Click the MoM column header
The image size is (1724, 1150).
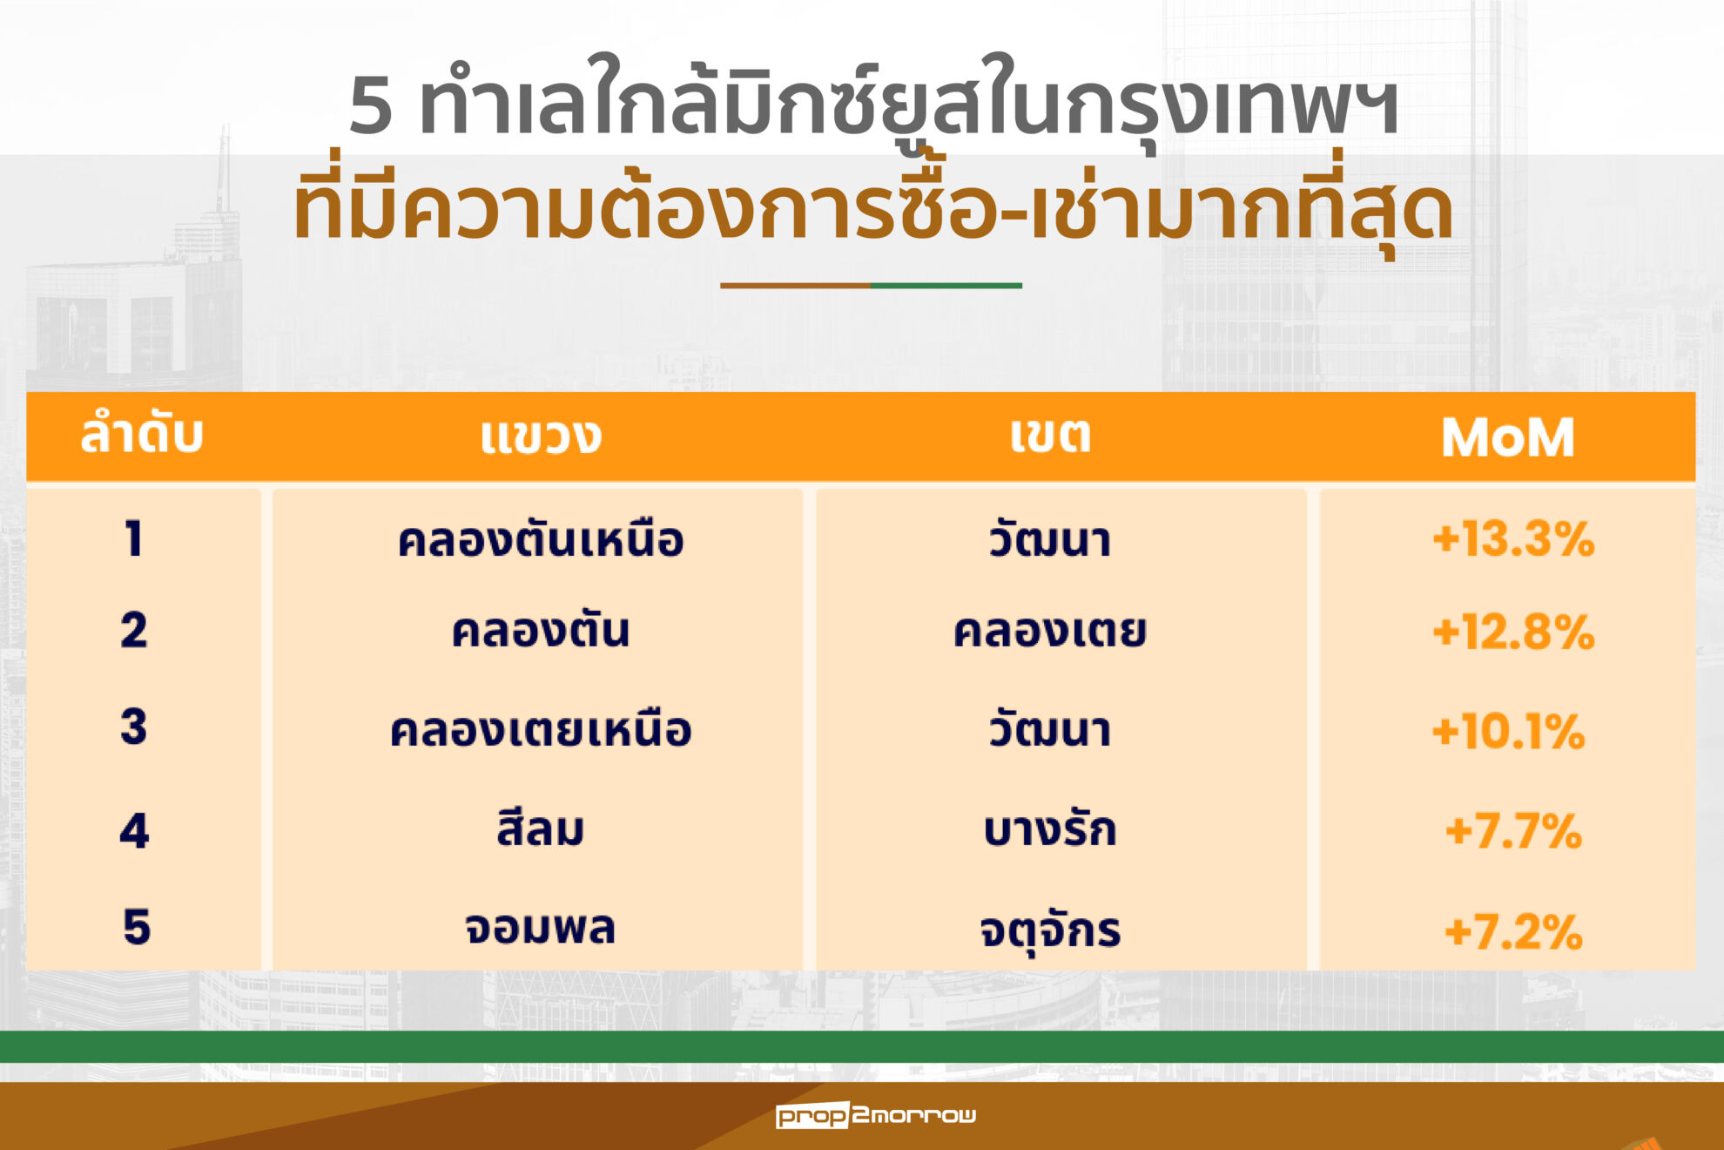click(x=1507, y=437)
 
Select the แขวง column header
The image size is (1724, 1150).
click(x=540, y=436)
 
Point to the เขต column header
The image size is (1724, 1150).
click(x=1050, y=434)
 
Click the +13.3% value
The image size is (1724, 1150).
click(x=1513, y=539)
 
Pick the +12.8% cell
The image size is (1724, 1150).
click(x=1513, y=632)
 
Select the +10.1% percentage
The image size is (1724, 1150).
click(x=1508, y=731)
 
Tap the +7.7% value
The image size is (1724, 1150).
click(x=1513, y=831)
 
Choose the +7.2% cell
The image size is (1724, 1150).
click(x=1513, y=932)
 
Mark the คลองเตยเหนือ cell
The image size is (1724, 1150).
click(x=540, y=728)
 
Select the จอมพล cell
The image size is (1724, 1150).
click(x=540, y=928)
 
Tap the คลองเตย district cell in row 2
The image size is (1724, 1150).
click(x=1050, y=630)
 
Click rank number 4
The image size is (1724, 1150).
click(x=134, y=830)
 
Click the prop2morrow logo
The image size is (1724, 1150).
click(x=876, y=1115)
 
